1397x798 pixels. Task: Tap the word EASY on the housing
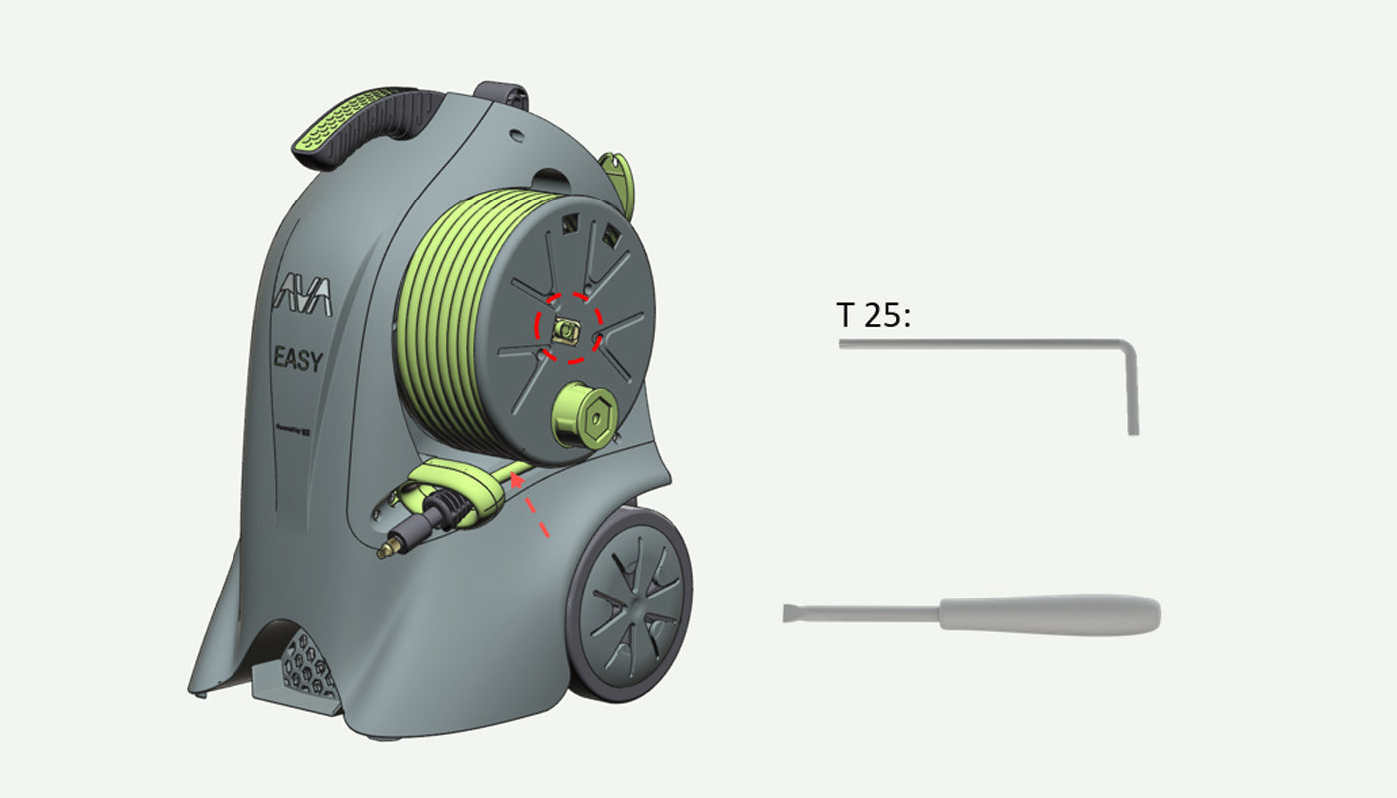click(x=298, y=359)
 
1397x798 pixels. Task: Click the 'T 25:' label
click(x=874, y=316)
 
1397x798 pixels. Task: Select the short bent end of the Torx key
click(x=1133, y=394)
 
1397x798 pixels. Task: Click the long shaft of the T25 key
click(x=978, y=344)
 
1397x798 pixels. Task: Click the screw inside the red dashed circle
click(x=567, y=330)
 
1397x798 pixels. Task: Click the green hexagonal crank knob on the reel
click(x=584, y=415)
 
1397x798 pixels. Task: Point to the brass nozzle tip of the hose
click(x=387, y=549)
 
